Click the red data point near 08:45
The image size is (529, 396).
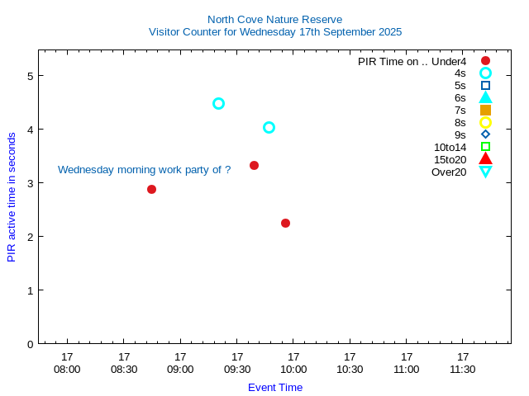click(x=151, y=189)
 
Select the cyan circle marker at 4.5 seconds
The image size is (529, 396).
click(x=218, y=103)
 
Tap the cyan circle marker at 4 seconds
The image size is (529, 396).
click(x=269, y=127)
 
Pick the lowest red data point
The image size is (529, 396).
click(x=285, y=223)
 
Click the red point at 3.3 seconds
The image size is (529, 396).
click(x=254, y=165)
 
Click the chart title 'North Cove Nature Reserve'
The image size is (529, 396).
click(x=274, y=19)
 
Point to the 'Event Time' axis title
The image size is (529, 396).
click(x=274, y=387)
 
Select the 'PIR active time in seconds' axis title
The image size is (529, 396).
click(x=12, y=197)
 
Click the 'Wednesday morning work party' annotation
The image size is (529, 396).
click(x=144, y=169)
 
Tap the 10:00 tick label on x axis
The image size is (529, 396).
click(x=293, y=369)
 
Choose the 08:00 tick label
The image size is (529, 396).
click(x=67, y=369)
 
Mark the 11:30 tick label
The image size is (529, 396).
click(x=462, y=369)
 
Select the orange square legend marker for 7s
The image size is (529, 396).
click(x=485, y=110)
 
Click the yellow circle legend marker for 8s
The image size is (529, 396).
click(x=485, y=122)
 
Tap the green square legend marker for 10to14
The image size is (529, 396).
click(x=485, y=147)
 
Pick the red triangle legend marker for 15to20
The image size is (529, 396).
click(x=485, y=158)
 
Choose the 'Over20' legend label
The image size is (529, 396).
click(x=449, y=172)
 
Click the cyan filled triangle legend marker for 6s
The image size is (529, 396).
click(x=485, y=97)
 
